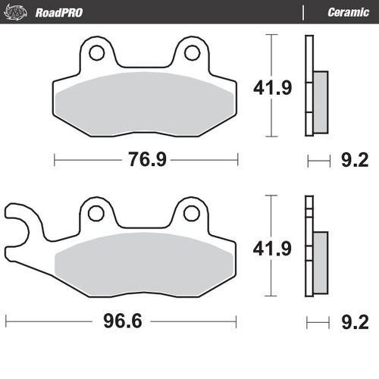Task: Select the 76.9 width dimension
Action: click(x=146, y=160)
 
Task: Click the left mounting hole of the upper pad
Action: click(x=96, y=53)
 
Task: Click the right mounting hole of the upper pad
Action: click(x=193, y=53)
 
